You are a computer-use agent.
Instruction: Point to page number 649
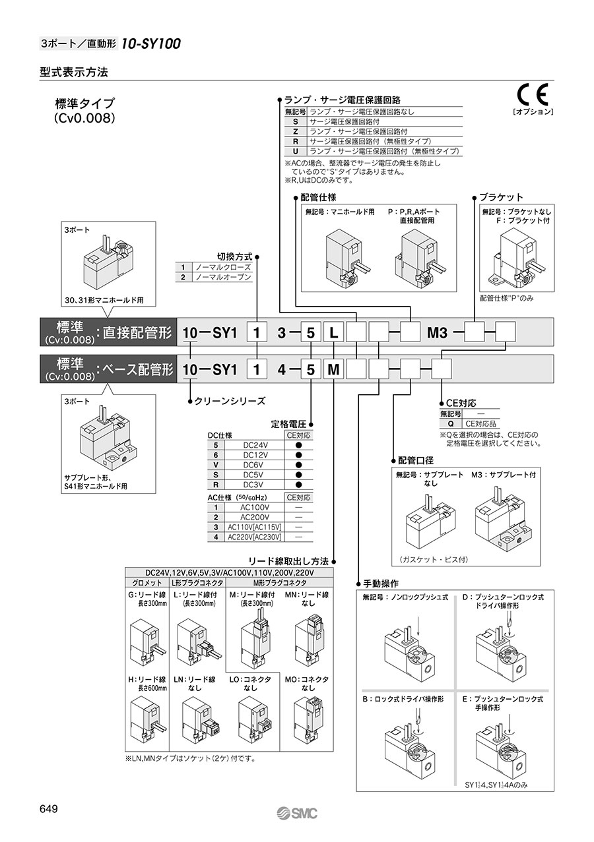[x=51, y=809]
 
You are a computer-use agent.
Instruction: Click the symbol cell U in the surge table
[x=295, y=151]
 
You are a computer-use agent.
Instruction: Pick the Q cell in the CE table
[x=450, y=424]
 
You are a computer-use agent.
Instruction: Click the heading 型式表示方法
[x=73, y=72]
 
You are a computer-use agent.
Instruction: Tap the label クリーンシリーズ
[x=229, y=400]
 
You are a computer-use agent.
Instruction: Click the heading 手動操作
[x=381, y=584]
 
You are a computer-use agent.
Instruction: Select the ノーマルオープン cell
[x=222, y=278]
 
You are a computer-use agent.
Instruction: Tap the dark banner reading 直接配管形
[x=109, y=333]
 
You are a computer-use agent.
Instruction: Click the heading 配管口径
[x=417, y=460]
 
